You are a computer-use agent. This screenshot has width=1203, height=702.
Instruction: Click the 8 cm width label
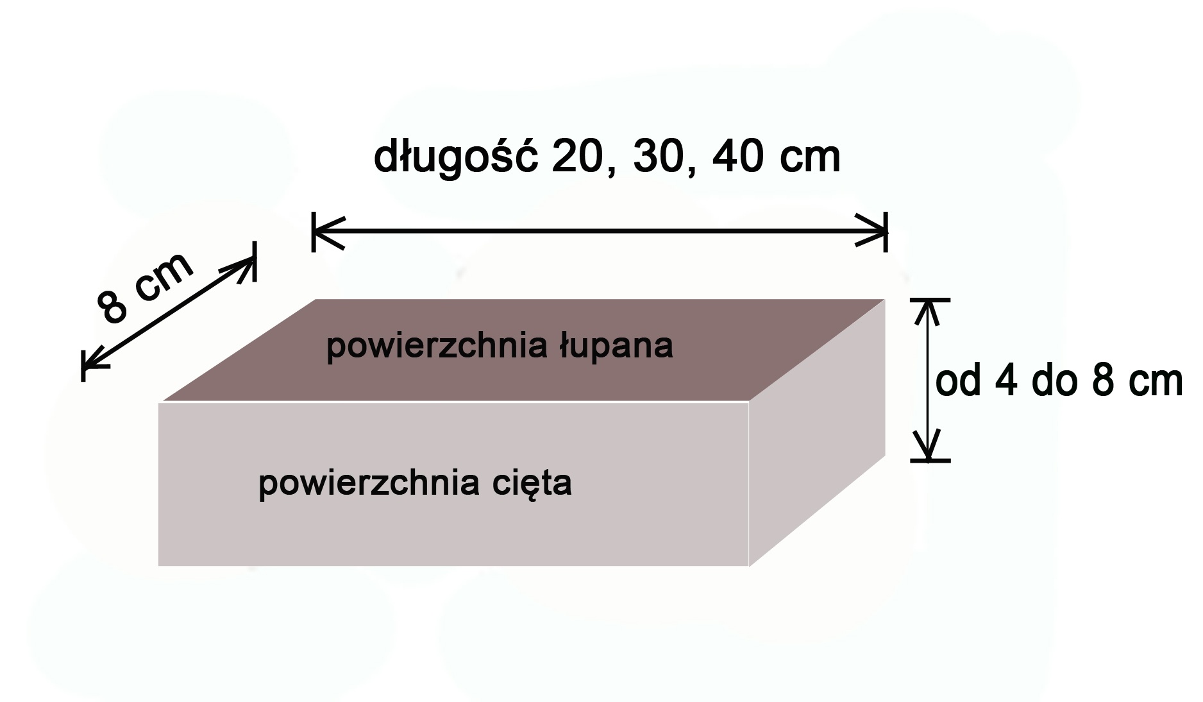pos(145,287)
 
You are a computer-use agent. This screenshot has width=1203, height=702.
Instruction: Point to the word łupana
pos(616,347)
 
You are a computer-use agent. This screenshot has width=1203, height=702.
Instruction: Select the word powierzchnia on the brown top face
pos(437,347)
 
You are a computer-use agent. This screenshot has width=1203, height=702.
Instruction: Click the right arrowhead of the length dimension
pos(872,231)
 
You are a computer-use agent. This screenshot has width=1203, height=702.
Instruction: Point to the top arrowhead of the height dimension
pos(929,312)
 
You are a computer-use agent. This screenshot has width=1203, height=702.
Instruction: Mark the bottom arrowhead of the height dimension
pos(929,447)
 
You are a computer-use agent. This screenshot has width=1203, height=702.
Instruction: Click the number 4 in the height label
pos(1007,382)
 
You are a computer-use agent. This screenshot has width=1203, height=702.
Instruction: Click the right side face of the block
pos(817,432)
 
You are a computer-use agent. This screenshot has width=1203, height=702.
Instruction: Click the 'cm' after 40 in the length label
pos(810,160)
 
